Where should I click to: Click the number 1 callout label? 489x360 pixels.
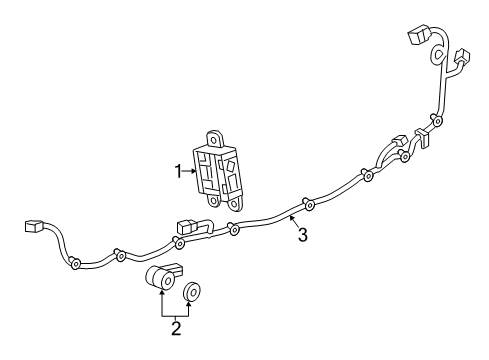pos(179,171)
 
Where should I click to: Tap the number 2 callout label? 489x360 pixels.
pos(176,326)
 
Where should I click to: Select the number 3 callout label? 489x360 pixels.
pos(301,236)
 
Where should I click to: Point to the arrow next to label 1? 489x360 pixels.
pos(190,171)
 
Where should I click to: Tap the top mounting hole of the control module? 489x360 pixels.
pos(215,135)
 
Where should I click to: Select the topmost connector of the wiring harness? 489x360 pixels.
pos(416,40)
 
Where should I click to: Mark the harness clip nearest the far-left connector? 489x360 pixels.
pos(77,264)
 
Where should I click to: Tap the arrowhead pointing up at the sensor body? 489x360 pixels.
pos(161,297)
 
